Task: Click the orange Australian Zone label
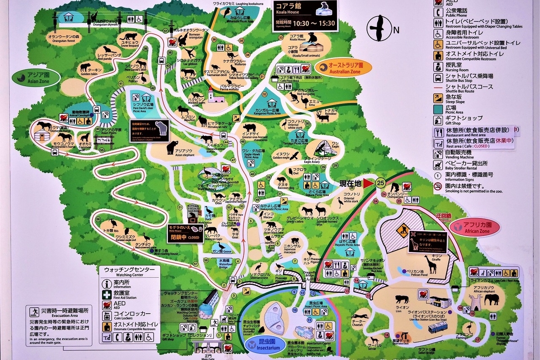click(344, 68)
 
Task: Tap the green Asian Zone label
click(36, 77)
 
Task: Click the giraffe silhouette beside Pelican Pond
click(431, 264)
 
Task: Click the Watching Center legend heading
click(129, 270)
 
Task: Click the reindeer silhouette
click(323, 117)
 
